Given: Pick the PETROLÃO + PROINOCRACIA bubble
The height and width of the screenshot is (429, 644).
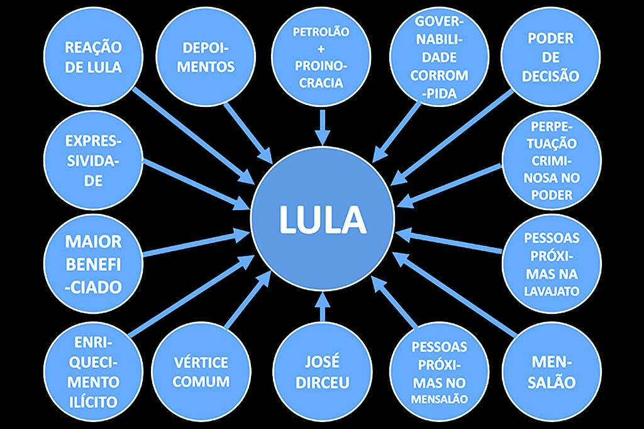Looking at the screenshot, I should [321, 57].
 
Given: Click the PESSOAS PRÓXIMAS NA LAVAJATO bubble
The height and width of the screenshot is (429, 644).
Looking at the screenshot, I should [551, 264].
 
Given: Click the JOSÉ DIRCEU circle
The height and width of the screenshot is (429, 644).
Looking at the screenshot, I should [321, 372].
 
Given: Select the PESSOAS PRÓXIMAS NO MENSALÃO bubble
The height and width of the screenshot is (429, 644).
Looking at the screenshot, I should [438, 372].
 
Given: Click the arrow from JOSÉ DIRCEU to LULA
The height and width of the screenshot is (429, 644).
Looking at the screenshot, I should [321, 309].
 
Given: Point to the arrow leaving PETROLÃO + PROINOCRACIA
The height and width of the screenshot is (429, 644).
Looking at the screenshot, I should [321, 126].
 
